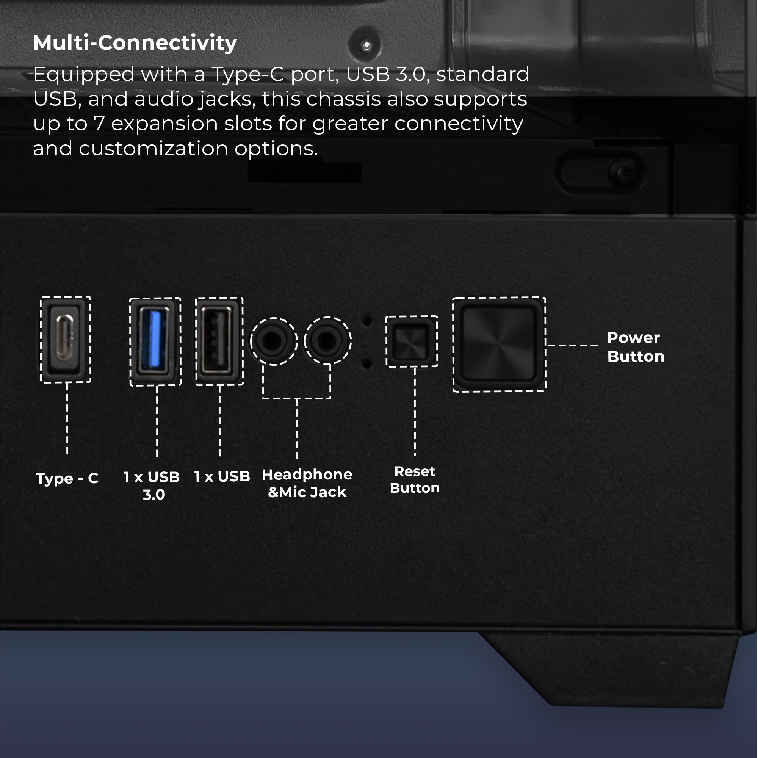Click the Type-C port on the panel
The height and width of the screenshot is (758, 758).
(x=66, y=339)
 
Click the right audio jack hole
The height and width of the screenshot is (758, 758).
(x=327, y=340)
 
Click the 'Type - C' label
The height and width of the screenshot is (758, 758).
(x=67, y=479)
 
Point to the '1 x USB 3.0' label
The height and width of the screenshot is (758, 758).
(x=152, y=486)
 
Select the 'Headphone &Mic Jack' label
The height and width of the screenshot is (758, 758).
(x=307, y=483)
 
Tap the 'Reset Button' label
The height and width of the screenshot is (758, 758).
(x=415, y=479)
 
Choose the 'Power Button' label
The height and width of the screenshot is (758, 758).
(x=636, y=347)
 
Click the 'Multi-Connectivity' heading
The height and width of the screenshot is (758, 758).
(x=135, y=43)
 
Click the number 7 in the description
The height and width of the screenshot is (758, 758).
(x=99, y=124)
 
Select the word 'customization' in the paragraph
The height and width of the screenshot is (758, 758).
(x=153, y=149)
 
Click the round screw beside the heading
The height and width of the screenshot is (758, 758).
(x=366, y=45)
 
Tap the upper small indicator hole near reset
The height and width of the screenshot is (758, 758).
(x=367, y=321)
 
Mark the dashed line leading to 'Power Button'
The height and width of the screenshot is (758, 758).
(x=572, y=345)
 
